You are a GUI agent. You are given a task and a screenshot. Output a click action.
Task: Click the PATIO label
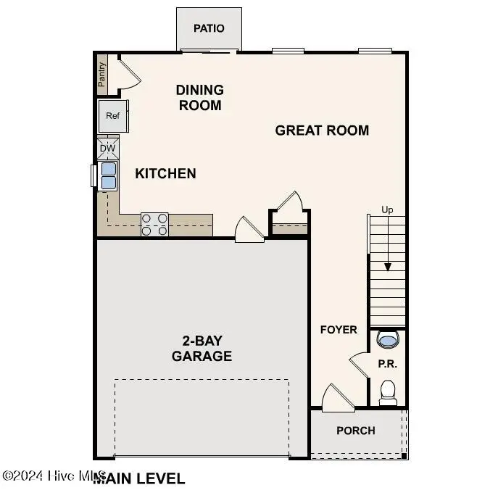click(209, 28)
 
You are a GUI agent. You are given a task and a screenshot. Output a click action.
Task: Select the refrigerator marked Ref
click(113, 116)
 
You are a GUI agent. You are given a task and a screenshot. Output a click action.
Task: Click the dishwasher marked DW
click(107, 149)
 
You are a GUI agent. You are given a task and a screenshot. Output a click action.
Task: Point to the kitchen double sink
click(107, 175)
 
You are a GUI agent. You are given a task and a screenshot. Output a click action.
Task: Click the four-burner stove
click(154, 224)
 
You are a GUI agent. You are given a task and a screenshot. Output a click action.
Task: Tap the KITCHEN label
click(165, 173)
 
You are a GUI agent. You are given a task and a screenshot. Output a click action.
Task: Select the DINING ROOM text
click(199, 97)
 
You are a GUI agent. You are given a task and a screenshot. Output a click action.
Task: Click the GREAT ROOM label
click(322, 130)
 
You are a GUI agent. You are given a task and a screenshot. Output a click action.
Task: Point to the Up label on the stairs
click(388, 210)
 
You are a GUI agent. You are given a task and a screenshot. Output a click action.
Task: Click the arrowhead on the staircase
click(388, 266)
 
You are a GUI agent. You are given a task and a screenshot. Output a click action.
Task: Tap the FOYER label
click(339, 330)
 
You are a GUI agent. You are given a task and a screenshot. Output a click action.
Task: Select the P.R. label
click(388, 364)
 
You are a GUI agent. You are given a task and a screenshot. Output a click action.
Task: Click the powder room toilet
click(389, 392)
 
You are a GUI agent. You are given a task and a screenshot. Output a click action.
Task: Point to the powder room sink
click(388, 339)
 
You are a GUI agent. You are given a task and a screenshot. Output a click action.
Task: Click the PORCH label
click(356, 431)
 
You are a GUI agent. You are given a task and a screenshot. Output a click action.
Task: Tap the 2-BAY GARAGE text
click(202, 348)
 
